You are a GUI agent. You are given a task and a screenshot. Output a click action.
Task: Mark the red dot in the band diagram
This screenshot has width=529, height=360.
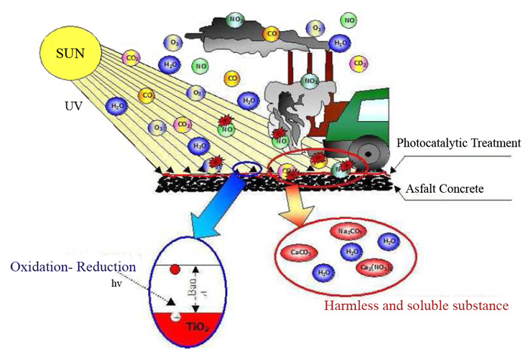[175, 268]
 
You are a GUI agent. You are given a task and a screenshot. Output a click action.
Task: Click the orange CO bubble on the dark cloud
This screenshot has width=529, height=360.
[271, 33]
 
